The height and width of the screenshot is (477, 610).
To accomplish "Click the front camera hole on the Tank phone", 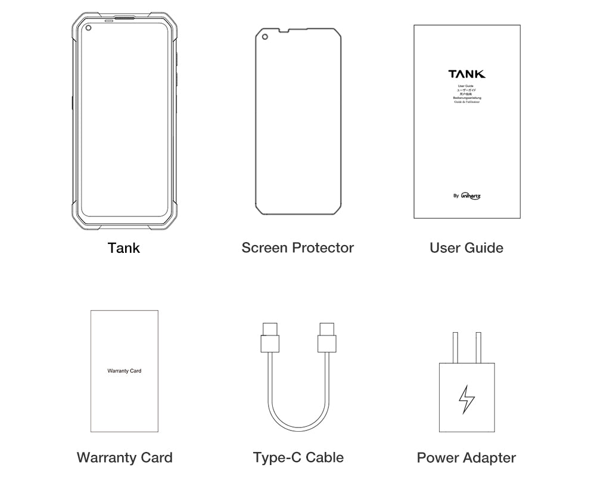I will pos(88,29).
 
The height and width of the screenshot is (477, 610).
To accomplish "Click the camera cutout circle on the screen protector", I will pos(264,37).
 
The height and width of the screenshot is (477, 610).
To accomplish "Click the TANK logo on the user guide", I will pos(466,74).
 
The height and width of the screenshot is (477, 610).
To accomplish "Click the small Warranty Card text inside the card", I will pos(125,371).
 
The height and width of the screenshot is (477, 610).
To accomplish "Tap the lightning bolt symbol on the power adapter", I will pos(466,399).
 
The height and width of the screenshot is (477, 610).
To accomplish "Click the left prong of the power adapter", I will pos(455,348).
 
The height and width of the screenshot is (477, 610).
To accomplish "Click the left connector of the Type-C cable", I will pos(270,339).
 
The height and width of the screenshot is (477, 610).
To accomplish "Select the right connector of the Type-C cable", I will pos(326,339).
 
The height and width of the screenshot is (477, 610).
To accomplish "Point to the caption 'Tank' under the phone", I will pos(124,247).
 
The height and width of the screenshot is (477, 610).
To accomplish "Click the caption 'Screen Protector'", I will pos(297,247).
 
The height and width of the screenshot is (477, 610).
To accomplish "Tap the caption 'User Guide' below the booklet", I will pos(466,247).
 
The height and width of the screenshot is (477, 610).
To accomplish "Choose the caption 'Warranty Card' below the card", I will pos(125,457).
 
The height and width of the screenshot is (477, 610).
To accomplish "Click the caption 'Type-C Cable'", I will pos(298,457).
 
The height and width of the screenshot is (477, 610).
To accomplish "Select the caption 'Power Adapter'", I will pos(466,457).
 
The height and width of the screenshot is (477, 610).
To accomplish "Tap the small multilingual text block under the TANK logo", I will pos(466,94).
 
